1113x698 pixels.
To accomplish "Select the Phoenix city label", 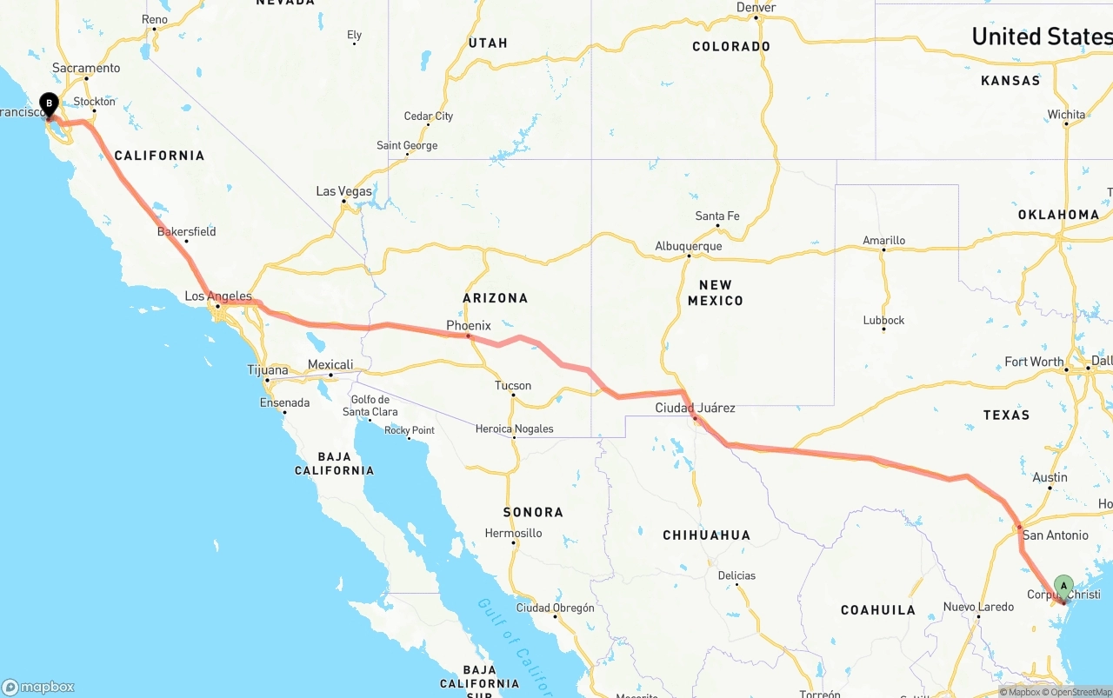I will click(x=469, y=326).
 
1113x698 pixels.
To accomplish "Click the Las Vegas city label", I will click(x=343, y=191).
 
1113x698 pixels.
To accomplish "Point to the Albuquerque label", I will click(x=689, y=247).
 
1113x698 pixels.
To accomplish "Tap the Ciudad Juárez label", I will click(x=695, y=408).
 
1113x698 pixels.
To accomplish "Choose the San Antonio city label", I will click(x=1055, y=535).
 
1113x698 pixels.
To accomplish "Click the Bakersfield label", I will click(x=186, y=232).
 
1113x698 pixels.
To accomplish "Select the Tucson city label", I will click(x=513, y=386).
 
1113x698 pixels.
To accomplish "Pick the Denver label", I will click(x=756, y=8).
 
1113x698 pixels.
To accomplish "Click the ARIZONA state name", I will click(x=495, y=298).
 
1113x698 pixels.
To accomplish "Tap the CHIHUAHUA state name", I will click(x=706, y=535).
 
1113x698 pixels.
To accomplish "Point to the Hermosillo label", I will click(x=513, y=534).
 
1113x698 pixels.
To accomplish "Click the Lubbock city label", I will click(x=883, y=321).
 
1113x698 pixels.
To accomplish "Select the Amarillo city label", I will click(x=883, y=241).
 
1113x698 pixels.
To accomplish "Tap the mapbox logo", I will click(x=38, y=687).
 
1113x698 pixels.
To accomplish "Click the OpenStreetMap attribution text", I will click(x=1077, y=693).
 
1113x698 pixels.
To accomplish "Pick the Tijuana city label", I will click(x=268, y=370).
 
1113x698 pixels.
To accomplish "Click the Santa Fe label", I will click(x=717, y=216).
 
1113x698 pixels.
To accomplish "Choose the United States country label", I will click(x=1041, y=37).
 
